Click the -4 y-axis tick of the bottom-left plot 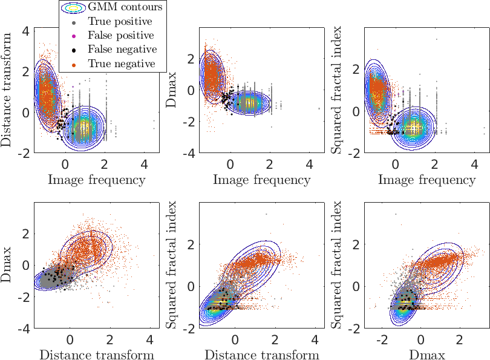coord(23,329)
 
